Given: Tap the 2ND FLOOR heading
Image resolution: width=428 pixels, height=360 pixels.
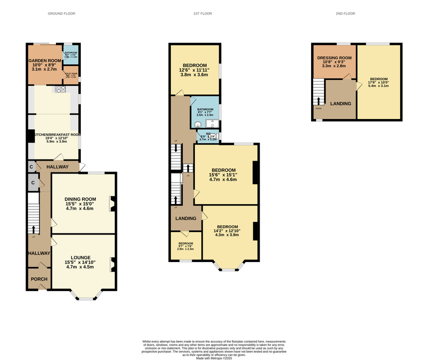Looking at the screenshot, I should pyautogui.click(x=345, y=13).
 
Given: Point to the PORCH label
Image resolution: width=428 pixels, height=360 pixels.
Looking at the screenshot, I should pyautogui.click(x=39, y=279).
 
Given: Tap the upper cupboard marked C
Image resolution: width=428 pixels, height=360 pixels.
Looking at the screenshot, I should pyautogui.click(x=31, y=166).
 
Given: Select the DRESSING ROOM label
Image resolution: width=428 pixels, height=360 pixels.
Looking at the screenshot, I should pyautogui.click(x=334, y=58).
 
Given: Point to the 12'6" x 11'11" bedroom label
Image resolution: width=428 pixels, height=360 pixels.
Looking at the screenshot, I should pyautogui.click(x=195, y=68).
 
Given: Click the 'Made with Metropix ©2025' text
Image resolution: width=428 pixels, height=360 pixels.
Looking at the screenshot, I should pyautogui.click(x=214, y=357).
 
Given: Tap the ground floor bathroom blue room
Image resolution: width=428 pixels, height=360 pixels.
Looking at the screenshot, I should pyautogui.click(x=70, y=54).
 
